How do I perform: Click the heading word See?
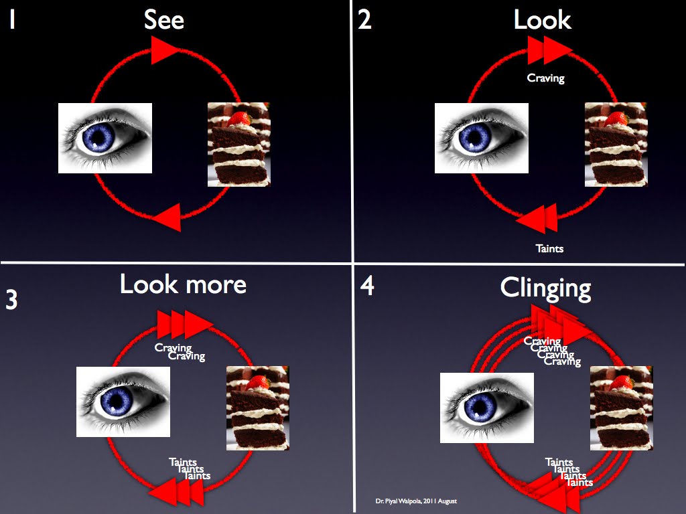[x=164, y=20]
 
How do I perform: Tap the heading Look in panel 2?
[x=542, y=20]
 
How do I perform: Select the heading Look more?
[x=183, y=284]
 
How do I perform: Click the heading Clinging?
[x=545, y=288]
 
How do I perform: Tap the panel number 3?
[x=11, y=301]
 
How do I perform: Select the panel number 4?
[x=367, y=286]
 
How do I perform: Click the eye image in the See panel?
[x=105, y=138]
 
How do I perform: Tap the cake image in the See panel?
[x=239, y=144]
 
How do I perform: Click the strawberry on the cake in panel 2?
[x=617, y=119]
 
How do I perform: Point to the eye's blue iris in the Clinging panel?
[x=479, y=408]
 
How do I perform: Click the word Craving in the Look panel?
[x=546, y=78]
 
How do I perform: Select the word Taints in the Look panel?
[x=549, y=249]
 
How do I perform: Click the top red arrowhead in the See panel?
[x=165, y=50]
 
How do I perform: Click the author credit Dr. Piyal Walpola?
[x=416, y=501]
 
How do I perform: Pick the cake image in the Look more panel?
[x=258, y=408]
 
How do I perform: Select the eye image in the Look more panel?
[x=123, y=402]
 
